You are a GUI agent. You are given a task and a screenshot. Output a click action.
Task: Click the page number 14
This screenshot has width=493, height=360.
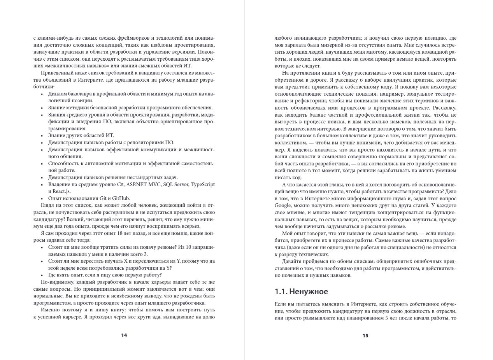coord(124,335)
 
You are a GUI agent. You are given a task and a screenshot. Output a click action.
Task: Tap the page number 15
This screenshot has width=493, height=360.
coord(365,336)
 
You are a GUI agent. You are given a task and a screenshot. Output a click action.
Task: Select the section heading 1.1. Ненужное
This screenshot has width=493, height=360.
coord(301,292)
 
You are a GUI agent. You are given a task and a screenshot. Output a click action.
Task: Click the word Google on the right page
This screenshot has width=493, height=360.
coord(283,205)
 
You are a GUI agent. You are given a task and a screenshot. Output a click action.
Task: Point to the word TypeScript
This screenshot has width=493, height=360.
coord(202,184)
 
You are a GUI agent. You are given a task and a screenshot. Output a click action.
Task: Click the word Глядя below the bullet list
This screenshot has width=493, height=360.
coord(47,205)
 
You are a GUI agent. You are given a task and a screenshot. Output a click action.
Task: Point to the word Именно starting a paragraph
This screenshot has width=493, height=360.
coord(49,310)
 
